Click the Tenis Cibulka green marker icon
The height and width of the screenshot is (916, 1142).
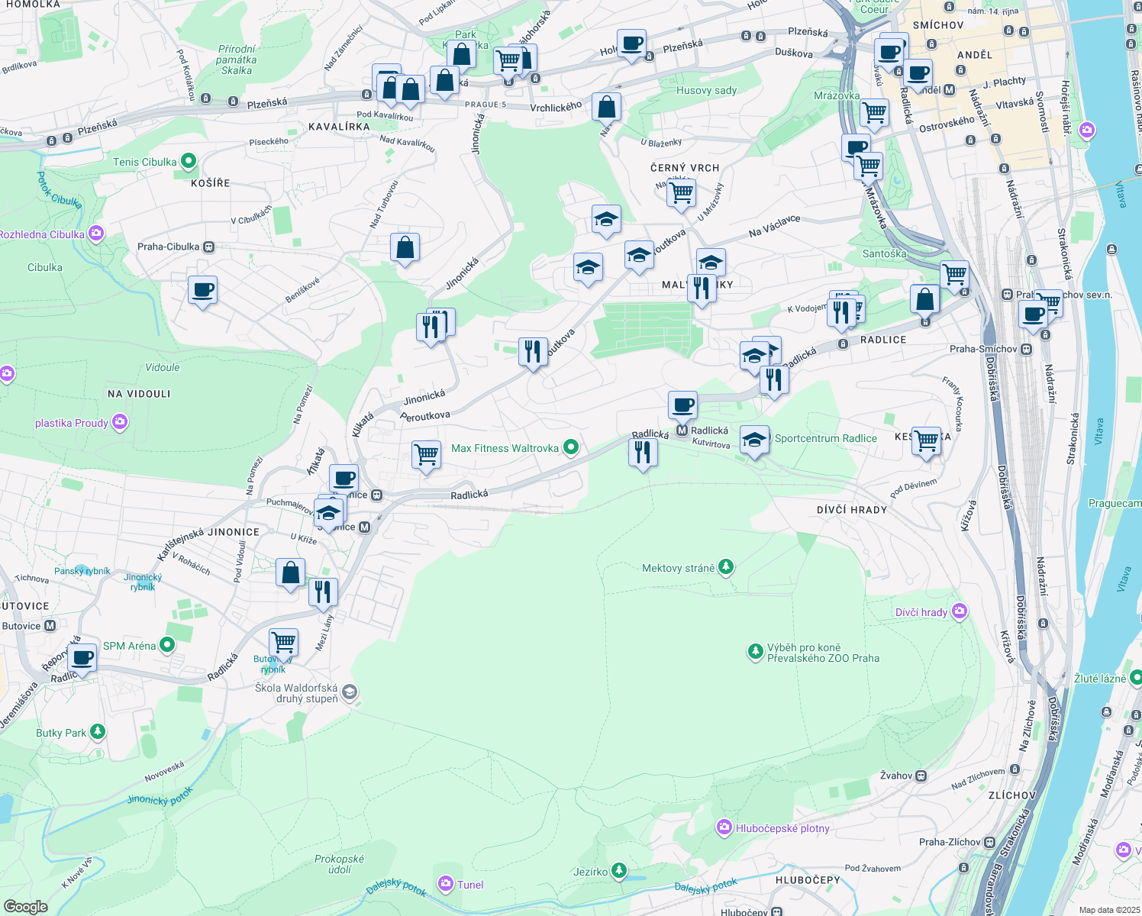tap(189, 162)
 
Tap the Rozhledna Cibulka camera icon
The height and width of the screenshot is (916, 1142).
tap(96, 234)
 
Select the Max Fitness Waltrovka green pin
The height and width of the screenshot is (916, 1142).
tap(570, 448)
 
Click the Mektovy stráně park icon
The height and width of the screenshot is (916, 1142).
tap(726, 567)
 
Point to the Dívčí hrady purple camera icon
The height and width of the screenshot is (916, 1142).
tap(960, 611)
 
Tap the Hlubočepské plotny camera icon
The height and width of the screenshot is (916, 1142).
tap(724, 827)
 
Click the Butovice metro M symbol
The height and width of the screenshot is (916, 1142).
tap(50, 626)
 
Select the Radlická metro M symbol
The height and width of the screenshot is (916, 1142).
tap(682, 431)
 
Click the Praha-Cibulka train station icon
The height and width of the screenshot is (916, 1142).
tap(208, 247)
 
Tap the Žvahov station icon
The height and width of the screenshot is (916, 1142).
tap(921, 776)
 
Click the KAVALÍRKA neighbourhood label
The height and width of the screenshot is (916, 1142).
tap(339, 127)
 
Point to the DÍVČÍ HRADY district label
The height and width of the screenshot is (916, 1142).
tap(851, 509)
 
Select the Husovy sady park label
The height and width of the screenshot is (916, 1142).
tap(706, 90)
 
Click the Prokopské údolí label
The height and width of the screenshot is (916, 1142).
tap(339, 864)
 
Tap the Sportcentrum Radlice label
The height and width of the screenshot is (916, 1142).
tap(825, 438)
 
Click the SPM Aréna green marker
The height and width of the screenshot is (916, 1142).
tap(167, 645)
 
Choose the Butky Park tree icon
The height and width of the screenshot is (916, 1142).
tap(97, 732)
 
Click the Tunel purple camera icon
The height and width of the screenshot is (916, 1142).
tap(445, 884)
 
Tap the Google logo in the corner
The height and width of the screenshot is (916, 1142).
tap(25, 906)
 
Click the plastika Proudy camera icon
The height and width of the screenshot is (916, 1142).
tap(120, 422)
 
